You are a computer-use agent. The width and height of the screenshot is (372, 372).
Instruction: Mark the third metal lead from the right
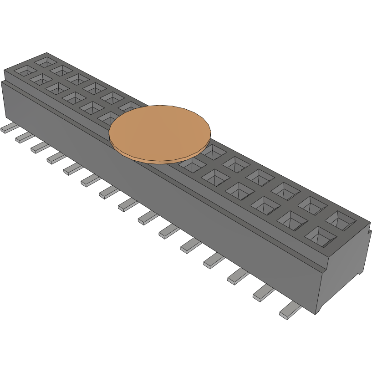coord(238,276)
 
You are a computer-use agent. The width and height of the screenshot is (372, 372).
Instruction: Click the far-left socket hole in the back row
coord(46,61)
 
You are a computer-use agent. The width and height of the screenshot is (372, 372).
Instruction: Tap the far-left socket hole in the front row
coord(25,71)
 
